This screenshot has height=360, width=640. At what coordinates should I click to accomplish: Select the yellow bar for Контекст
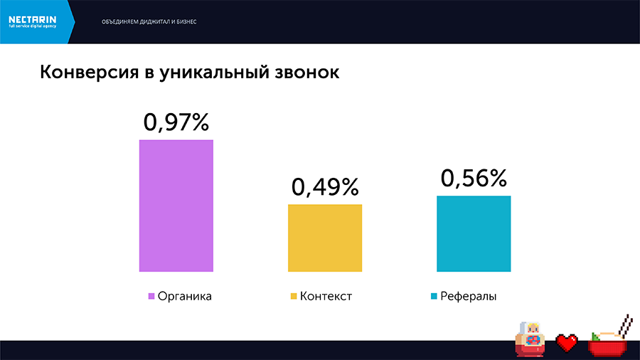pyautogui.click(x=325, y=238)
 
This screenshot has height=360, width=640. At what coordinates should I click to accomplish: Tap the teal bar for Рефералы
pyautogui.click(x=474, y=233)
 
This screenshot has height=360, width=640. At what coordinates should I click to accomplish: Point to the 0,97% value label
pyautogui.click(x=176, y=122)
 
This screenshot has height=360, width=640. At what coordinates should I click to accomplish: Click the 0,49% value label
pyautogui.click(x=325, y=187)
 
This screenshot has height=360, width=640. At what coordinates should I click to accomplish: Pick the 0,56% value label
pyautogui.click(x=474, y=179)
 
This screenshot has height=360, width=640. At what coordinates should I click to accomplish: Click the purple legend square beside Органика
pyautogui.click(x=151, y=296)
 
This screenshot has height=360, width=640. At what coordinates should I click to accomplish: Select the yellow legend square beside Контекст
pyautogui.click(x=293, y=296)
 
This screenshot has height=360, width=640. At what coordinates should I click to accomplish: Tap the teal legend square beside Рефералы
pyautogui.click(x=433, y=296)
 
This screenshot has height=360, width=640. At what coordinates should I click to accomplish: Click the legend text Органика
pyautogui.click(x=185, y=296)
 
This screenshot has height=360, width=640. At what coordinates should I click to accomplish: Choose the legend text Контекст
pyautogui.click(x=326, y=296)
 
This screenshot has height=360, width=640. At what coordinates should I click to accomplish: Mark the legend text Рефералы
pyautogui.click(x=468, y=296)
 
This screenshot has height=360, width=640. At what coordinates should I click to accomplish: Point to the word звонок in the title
pyautogui.click(x=300, y=73)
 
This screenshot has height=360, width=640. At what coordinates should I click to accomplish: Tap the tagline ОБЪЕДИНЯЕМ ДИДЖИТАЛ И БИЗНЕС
pyautogui.click(x=149, y=21)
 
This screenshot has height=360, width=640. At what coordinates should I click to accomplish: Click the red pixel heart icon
pyautogui.click(x=567, y=343)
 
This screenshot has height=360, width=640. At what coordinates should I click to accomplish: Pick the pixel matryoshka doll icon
pyautogui.click(x=530, y=338)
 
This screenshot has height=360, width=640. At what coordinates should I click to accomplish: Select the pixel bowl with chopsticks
pyautogui.click(x=609, y=338)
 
